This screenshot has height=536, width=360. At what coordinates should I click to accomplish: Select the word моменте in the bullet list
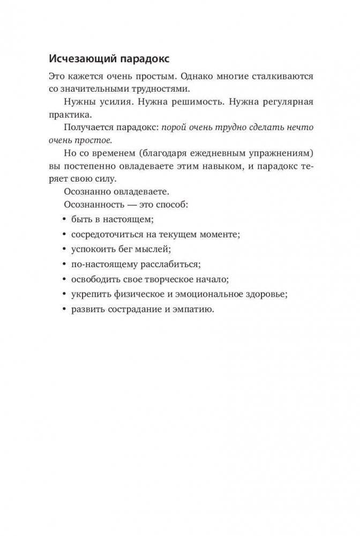(216, 235)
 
